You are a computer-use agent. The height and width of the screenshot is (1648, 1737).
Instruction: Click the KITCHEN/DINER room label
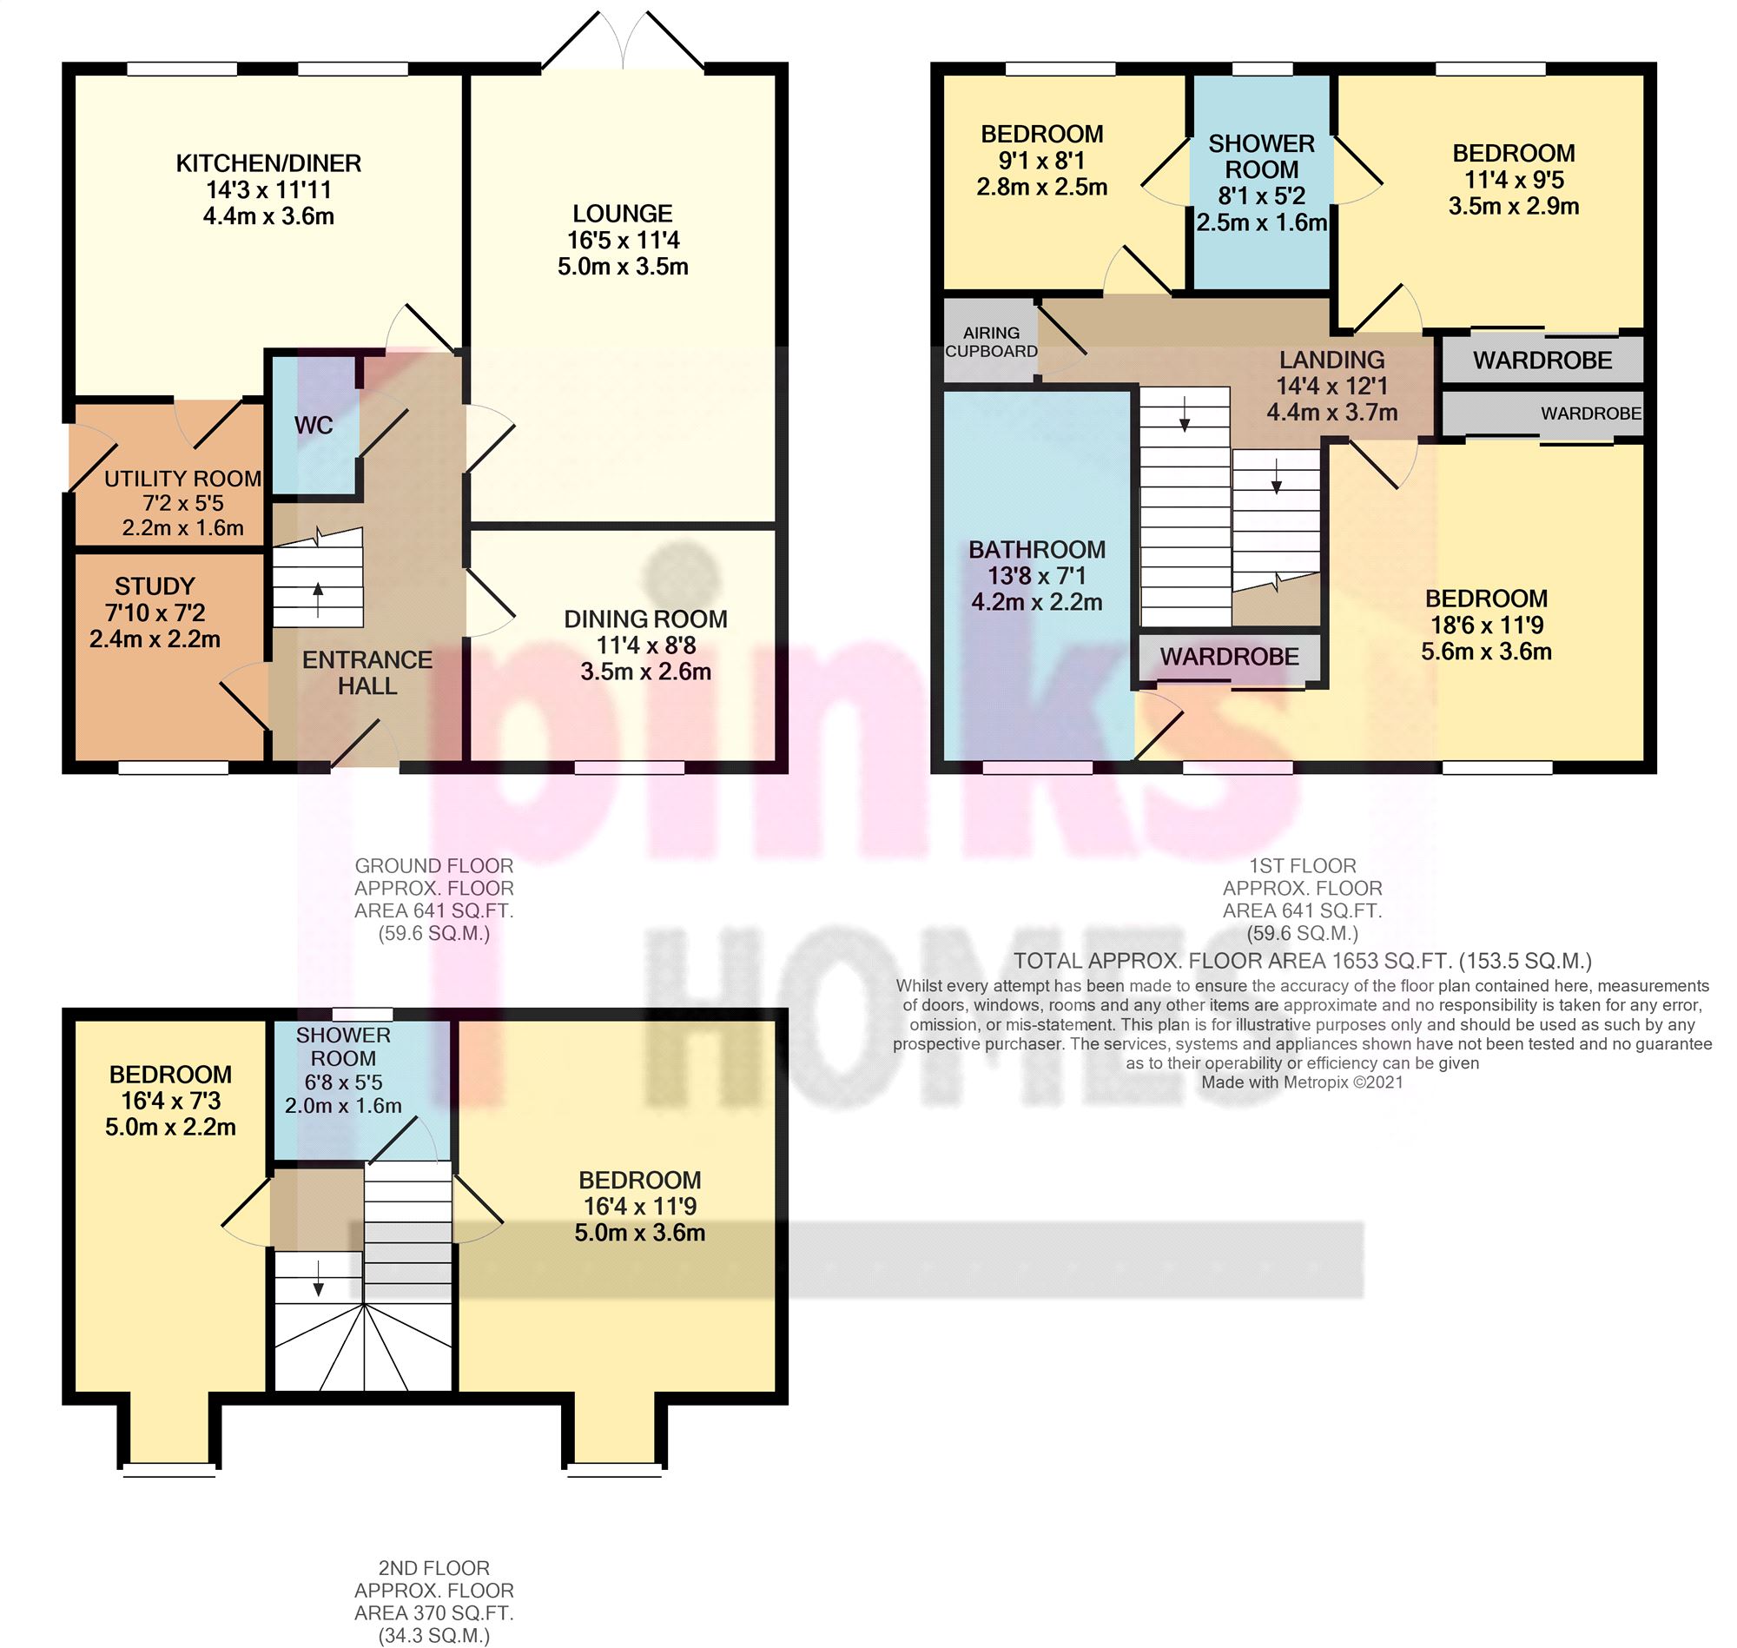267,163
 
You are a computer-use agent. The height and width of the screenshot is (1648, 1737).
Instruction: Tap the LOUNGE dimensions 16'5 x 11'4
623,240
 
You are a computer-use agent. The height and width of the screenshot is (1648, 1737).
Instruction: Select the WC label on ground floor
314,425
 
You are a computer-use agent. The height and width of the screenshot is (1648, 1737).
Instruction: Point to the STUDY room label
155,586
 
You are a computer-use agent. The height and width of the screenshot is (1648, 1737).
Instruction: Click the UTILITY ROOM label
182,479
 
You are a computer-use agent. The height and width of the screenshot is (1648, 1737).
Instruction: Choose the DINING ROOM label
645,619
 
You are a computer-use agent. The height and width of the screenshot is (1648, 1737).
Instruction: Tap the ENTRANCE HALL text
367,673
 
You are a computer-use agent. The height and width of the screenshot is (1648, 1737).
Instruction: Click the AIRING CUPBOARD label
991,341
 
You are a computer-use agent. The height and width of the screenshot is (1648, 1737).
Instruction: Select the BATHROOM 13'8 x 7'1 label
1036,575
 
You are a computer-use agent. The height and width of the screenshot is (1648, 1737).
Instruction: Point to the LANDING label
1331,360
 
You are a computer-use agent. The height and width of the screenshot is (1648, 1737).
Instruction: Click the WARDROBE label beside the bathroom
1229,656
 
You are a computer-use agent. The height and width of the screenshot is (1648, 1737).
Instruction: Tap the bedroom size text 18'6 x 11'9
1486,625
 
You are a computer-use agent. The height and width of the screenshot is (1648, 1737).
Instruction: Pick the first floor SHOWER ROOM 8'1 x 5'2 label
1261,182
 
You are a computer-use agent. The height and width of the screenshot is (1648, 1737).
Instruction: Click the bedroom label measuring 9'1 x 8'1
1041,160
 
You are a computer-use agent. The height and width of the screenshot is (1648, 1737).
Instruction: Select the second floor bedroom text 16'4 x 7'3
170,1101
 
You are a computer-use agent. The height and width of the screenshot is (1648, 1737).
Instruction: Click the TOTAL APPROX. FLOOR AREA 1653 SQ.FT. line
1302,961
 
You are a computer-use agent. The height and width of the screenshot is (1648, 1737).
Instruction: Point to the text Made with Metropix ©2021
1302,1082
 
